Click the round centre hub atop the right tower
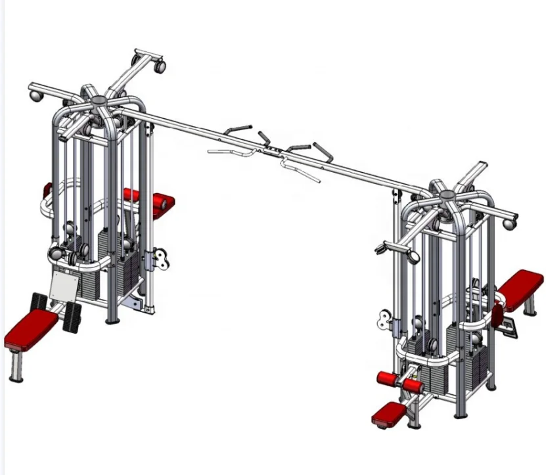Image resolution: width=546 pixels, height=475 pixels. [447, 194]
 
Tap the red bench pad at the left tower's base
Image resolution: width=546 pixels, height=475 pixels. [30, 328]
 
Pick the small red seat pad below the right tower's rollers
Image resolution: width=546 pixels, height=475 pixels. [389, 413]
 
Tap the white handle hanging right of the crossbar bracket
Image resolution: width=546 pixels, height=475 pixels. [299, 170]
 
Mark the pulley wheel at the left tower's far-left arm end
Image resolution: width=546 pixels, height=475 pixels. [35, 96]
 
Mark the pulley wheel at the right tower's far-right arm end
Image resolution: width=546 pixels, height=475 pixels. [509, 224]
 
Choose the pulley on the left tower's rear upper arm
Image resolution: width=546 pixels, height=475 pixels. [158, 66]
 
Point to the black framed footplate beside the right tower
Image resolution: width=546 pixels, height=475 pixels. [508, 322]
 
